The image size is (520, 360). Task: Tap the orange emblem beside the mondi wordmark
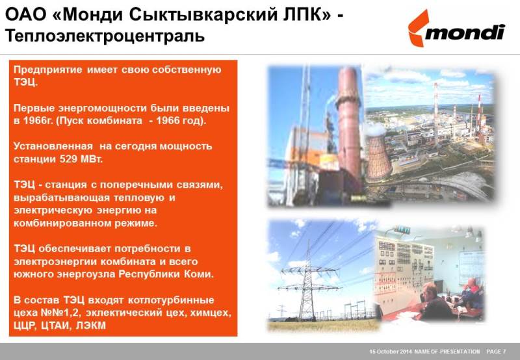[418, 28]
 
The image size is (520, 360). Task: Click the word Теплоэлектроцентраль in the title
[105, 36]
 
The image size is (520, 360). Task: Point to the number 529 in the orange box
[68, 159]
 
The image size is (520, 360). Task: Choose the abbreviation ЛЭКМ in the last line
[91, 326]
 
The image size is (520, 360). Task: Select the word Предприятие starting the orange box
[47, 70]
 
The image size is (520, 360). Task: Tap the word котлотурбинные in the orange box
[171, 300]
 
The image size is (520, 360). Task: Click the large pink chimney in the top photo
[348, 126]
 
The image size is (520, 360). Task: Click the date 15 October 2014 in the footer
[391, 352]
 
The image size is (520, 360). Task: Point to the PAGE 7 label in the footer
[496, 352]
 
